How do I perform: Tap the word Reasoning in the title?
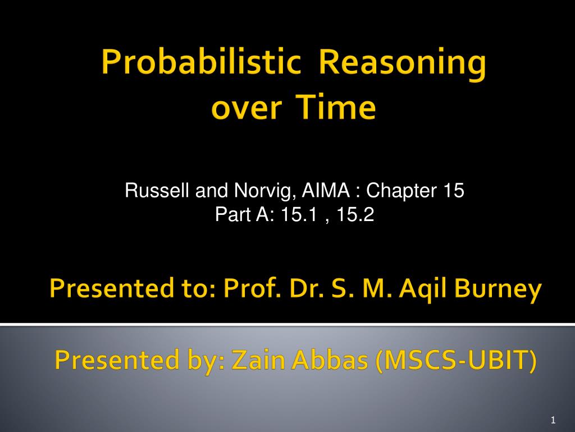403,63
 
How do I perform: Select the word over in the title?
247,109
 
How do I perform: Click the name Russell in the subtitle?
157,190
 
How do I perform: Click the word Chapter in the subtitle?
401,191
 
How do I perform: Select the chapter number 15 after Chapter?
454,190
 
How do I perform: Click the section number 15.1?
299,214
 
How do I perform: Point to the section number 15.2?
355,214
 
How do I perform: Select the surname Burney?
498,290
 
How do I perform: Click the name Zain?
258,359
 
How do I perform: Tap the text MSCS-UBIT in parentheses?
456,360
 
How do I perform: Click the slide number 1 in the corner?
553,420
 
